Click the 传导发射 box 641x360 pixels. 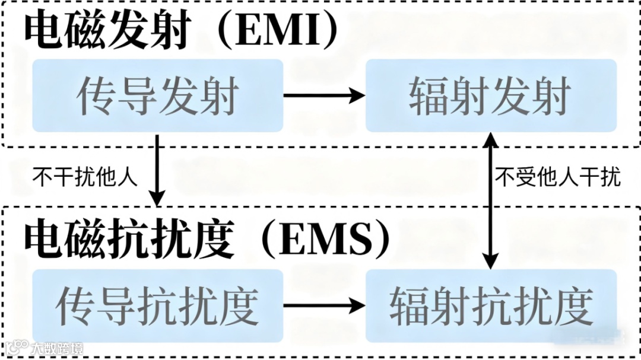(158, 95)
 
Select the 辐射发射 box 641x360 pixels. (491, 95)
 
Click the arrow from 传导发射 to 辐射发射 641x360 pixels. (323, 95)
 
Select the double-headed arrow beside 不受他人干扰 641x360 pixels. (491, 202)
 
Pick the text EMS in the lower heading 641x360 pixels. (324, 241)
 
